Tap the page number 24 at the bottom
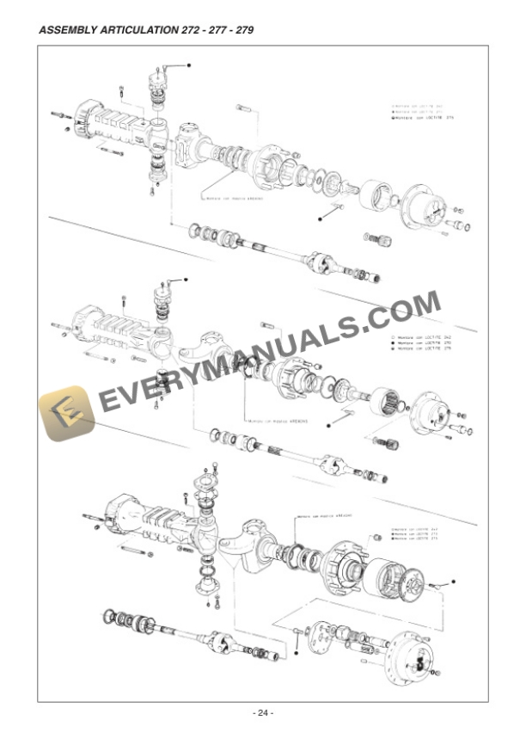[262, 712]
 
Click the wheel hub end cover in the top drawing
[427, 207]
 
